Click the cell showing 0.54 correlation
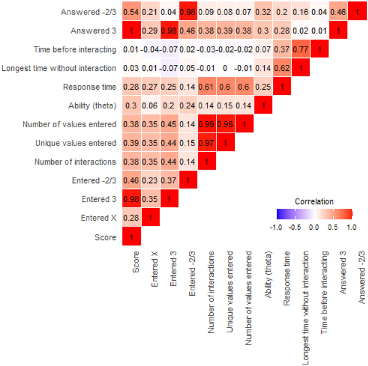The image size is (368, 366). click(132, 12)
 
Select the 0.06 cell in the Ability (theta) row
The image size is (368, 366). click(150, 106)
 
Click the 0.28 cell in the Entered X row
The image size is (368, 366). click(132, 218)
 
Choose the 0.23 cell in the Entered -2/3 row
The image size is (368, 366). click(150, 180)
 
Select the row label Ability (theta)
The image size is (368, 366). click(91, 106)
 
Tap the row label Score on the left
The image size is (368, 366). click(106, 237)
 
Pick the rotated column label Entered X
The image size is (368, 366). click(154, 268)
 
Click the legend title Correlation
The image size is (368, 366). click(314, 201)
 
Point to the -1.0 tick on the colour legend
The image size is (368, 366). click(276, 226)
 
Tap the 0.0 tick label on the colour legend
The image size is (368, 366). click(314, 226)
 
